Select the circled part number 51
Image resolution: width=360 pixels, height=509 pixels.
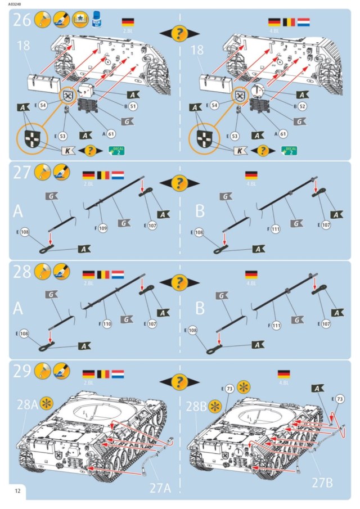point(134,105)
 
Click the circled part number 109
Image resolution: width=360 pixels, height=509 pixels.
point(102,228)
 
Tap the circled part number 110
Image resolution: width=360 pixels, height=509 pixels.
point(107,324)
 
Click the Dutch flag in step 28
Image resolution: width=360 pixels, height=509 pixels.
point(118,275)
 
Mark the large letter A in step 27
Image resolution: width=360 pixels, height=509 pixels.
point(19,211)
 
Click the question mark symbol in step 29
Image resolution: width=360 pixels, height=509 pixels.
point(179,384)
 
